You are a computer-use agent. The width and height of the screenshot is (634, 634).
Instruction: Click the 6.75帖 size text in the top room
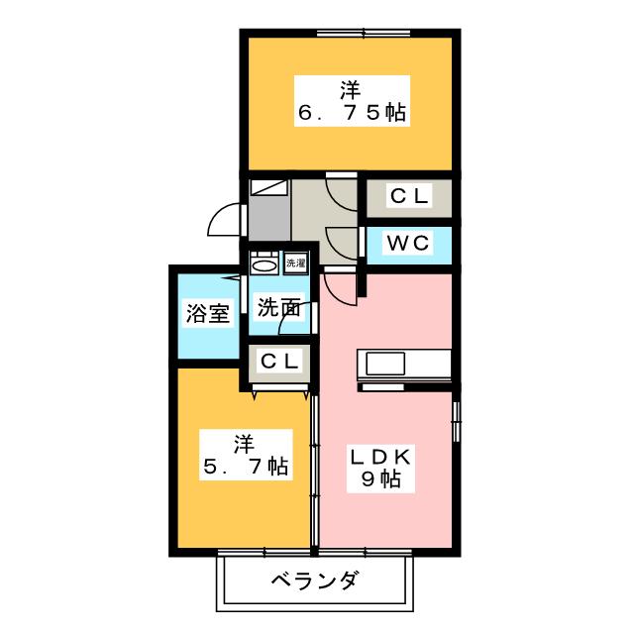click(353, 114)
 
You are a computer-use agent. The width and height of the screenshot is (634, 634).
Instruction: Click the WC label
click(408, 244)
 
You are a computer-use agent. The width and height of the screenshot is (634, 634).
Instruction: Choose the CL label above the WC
click(408, 197)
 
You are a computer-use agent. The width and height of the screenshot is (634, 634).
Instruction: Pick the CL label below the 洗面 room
click(279, 362)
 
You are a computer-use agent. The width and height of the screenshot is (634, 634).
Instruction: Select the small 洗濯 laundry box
click(295, 264)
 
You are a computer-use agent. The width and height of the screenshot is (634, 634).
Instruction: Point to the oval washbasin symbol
click(264, 264)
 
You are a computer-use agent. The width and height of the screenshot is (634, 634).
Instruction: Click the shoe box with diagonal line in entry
click(268, 186)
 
